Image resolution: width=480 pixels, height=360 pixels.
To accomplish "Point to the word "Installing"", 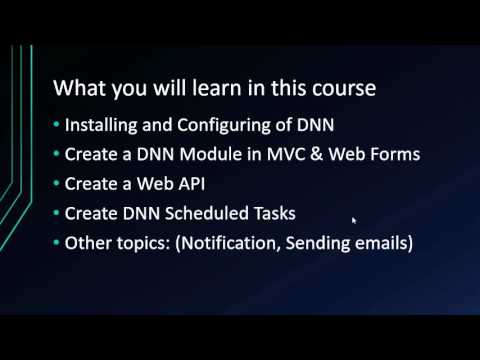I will click(x=99, y=127).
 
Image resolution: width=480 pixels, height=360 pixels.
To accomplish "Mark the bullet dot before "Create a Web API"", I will click(x=56, y=185).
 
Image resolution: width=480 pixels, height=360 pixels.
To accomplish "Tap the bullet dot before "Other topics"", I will click(x=56, y=243).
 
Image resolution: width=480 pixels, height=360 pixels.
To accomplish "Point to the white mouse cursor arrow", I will click(x=355, y=221).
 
